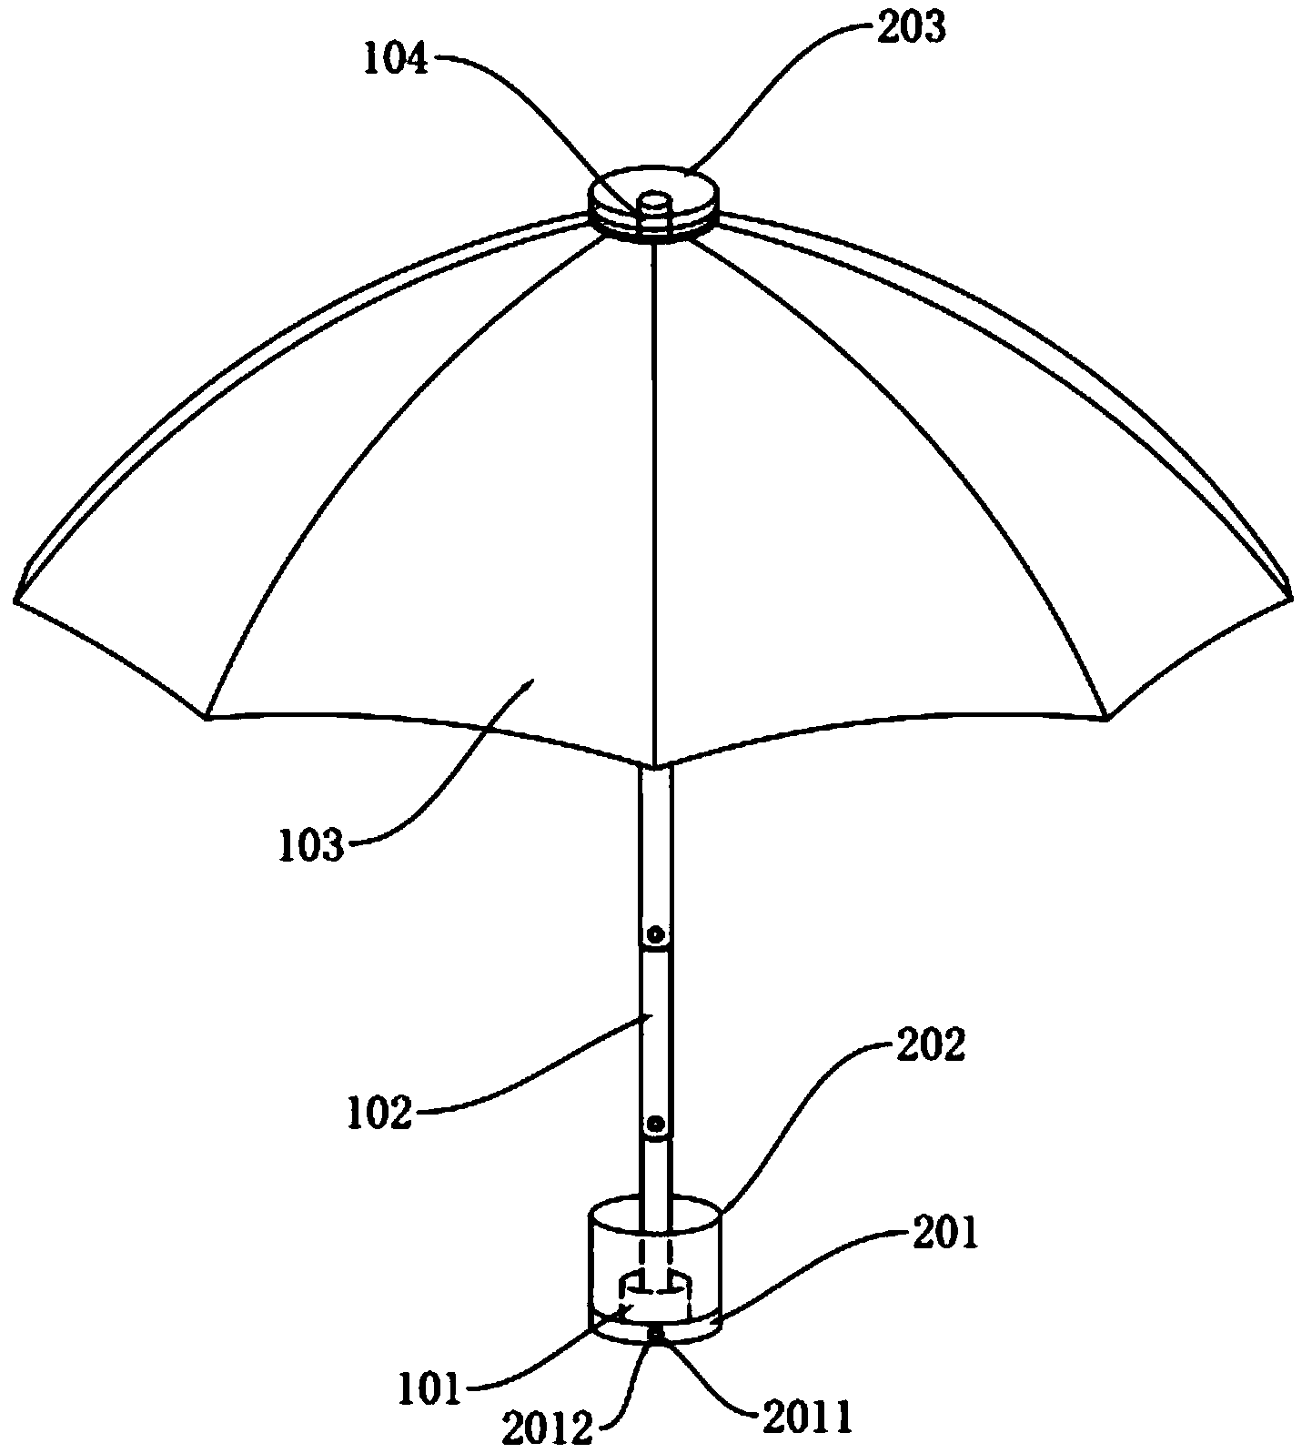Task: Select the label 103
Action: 312,845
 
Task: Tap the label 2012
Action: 546,1428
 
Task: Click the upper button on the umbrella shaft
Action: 655,936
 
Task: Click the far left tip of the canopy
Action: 15,598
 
